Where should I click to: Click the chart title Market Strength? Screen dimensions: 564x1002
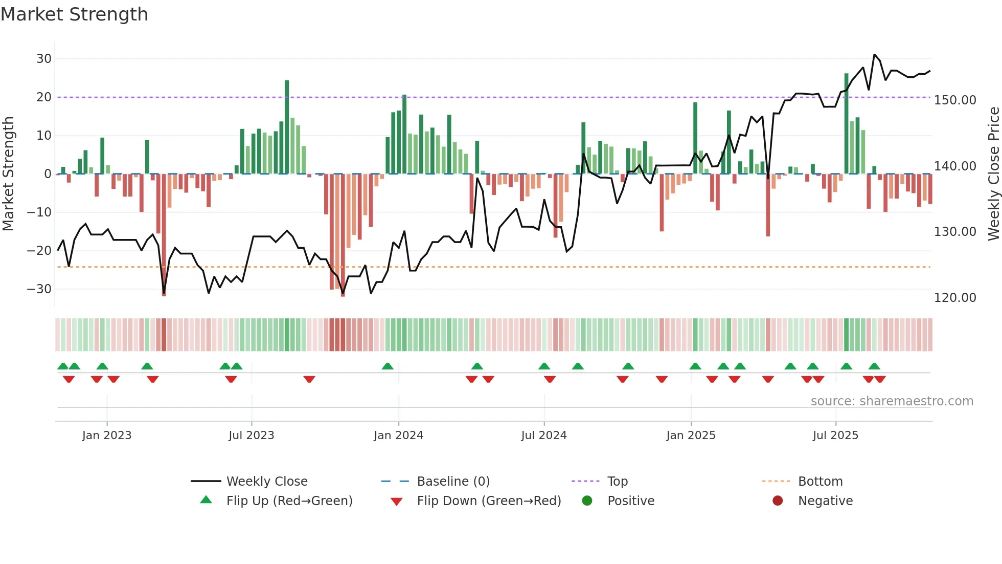74,14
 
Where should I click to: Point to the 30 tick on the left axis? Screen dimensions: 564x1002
44,59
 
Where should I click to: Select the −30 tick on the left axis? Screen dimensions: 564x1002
39,289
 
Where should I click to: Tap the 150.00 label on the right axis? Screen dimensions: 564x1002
955,100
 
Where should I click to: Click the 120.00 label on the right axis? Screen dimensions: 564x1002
955,298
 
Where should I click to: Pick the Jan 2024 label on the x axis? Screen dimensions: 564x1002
398,436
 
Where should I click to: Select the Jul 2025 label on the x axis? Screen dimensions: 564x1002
835,436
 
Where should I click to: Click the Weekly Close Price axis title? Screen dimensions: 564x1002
993,173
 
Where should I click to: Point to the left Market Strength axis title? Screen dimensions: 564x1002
9,173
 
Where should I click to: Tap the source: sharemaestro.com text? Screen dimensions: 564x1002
892,401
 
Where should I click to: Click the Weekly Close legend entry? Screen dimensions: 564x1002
267,482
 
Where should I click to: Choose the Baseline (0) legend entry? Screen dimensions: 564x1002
453,482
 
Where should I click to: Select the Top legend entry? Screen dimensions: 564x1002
617,482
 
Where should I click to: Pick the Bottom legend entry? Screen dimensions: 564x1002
820,482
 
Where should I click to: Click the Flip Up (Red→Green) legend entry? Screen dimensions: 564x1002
289,501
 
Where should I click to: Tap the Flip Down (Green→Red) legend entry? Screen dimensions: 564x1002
489,501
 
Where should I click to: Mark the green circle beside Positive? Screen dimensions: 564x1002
587,501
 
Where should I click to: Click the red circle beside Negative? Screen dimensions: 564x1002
778,501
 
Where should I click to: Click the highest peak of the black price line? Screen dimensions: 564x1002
874,55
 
